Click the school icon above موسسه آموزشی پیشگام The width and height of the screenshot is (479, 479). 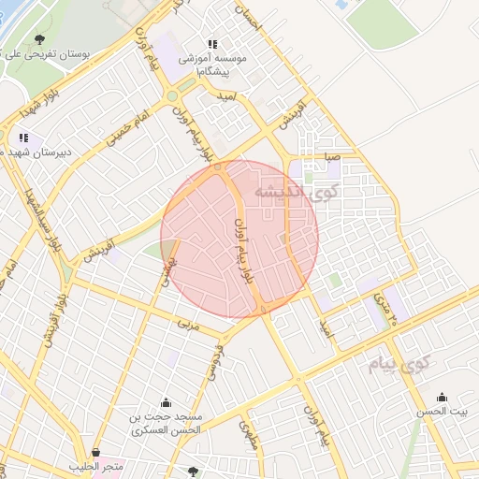click(x=212, y=44)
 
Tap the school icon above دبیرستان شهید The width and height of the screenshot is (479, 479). click(x=23, y=138)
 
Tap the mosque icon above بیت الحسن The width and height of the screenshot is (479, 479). click(x=443, y=397)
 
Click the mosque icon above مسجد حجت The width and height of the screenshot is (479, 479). click(x=167, y=402)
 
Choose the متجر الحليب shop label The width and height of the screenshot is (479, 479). click(x=96, y=466)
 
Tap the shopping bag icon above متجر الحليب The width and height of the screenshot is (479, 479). click(x=96, y=452)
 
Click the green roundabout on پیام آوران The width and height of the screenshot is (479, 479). click(x=171, y=95)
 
